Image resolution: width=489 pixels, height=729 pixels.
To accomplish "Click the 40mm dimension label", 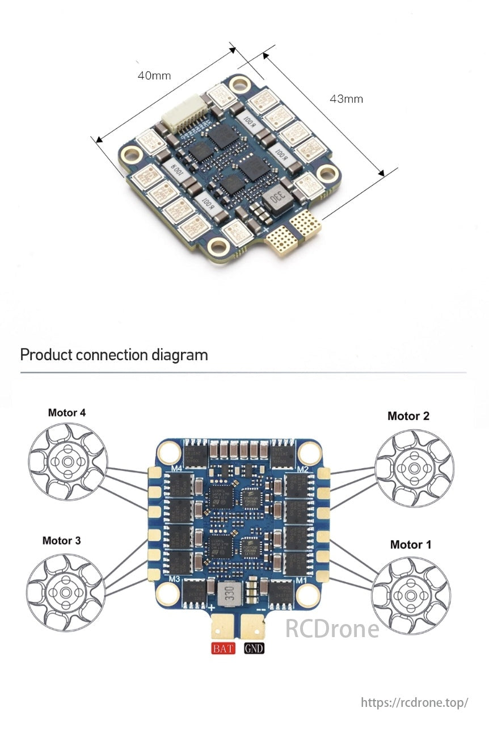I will (x=154, y=75).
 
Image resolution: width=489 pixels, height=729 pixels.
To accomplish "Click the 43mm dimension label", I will (x=346, y=99).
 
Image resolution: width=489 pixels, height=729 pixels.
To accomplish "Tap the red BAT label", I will (x=223, y=648).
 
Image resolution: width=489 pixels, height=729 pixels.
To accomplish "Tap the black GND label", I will (x=254, y=648).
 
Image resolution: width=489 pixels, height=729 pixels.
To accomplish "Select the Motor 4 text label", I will (x=67, y=412).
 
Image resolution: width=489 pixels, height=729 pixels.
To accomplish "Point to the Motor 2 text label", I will (x=408, y=416).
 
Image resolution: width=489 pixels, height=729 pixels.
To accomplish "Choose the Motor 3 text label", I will (x=61, y=541).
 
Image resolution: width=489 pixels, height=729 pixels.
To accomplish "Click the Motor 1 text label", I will (x=411, y=545).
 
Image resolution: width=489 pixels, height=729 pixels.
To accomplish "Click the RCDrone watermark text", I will (x=332, y=629).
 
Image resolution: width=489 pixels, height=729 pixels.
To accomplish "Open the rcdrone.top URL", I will (x=415, y=702).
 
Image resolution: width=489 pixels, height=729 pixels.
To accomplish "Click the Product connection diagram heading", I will (x=114, y=355).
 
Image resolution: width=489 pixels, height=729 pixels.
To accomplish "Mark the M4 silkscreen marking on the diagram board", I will (x=176, y=468).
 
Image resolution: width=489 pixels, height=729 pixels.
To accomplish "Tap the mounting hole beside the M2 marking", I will (x=310, y=452).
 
